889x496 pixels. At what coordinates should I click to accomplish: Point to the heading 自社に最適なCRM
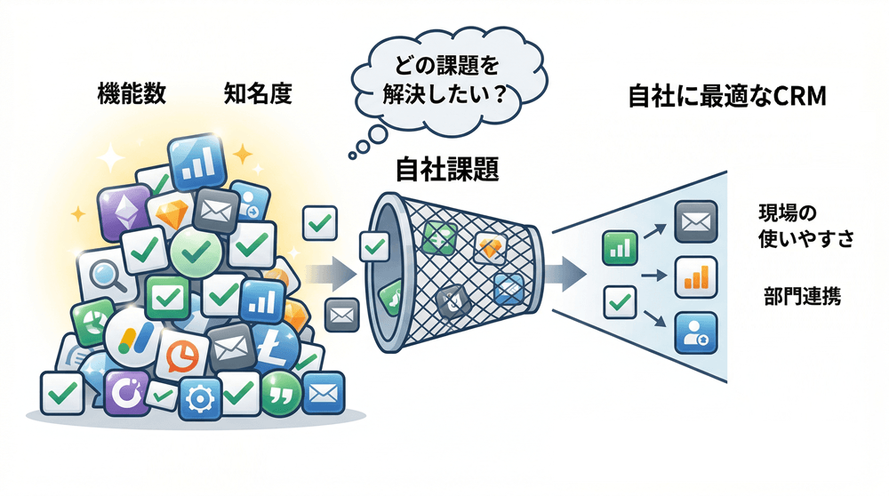727,97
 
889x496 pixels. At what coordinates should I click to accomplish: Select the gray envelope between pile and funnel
341,313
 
